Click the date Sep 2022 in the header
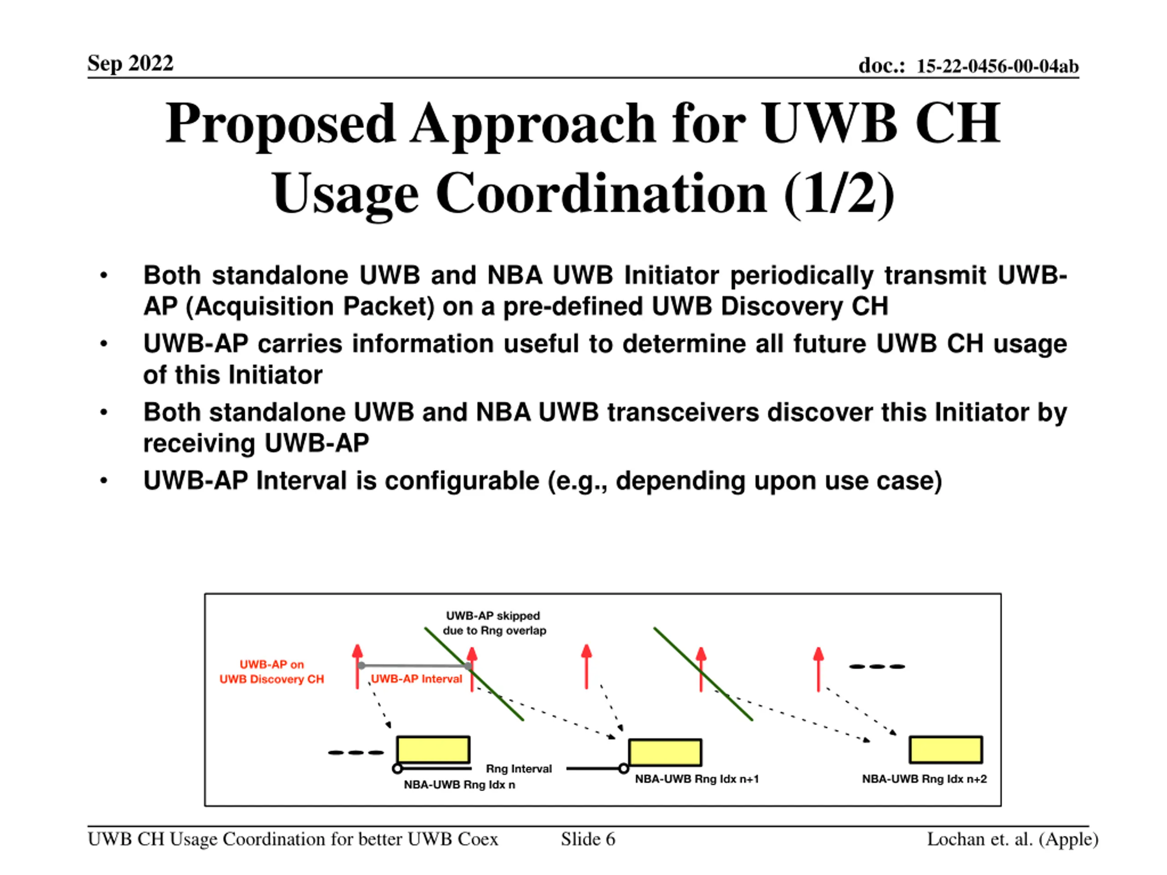point(130,63)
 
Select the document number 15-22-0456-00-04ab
point(997,66)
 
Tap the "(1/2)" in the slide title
point(839,194)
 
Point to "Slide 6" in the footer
point(588,839)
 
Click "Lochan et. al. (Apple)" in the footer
point(1012,839)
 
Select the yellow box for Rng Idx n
point(433,750)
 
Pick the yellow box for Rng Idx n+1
point(665,752)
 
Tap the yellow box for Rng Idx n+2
point(945,750)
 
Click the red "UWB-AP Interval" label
point(416,679)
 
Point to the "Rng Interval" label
point(519,768)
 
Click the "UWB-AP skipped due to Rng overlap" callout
point(494,623)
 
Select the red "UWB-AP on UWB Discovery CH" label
point(272,671)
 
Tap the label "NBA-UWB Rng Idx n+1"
point(697,779)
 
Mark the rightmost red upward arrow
point(818,669)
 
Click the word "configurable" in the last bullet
point(462,480)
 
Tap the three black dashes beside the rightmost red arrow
point(876,666)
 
